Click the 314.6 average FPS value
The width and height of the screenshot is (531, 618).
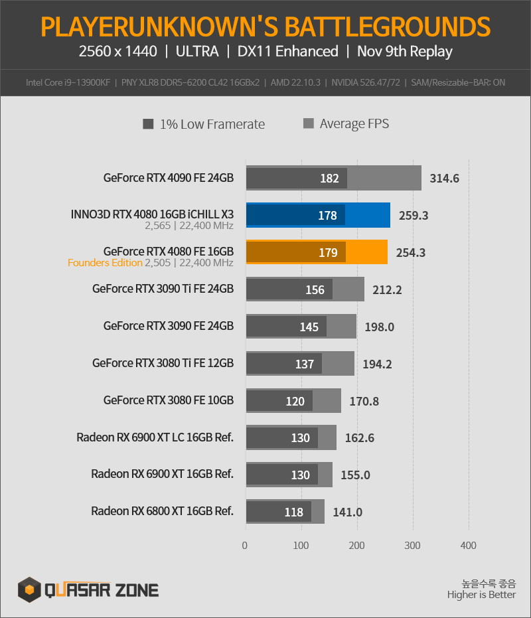click(444, 178)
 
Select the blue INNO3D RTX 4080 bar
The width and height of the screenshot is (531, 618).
click(318, 215)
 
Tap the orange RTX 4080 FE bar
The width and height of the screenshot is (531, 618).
click(317, 252)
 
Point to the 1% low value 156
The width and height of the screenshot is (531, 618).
click(315, 289)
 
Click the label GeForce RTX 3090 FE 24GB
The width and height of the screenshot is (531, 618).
click(169, 326)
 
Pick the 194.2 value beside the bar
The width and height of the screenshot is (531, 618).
click(377, 364)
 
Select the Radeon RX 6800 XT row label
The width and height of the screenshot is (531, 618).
click(162, 511)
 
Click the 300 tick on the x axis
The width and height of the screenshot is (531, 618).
click(412, 545)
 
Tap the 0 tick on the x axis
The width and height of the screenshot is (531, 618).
click(245, 545)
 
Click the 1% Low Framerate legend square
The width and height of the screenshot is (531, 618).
click(148, 124)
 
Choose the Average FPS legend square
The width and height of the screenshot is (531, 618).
click(308, 123)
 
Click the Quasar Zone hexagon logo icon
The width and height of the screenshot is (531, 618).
click(29, 589)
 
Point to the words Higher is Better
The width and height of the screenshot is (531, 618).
click(481, 594)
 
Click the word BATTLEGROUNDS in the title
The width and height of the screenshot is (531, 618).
click(387, 27)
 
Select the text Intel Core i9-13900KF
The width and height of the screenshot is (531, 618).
click(68, 82)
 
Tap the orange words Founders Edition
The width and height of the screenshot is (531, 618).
click(105, 262)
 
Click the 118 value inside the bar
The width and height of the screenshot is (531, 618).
click(293, 512)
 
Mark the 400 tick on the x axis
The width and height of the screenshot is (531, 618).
click(469, 545)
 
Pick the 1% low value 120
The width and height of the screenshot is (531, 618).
click(295, 401)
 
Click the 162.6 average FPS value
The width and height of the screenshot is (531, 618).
click(360, 438)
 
